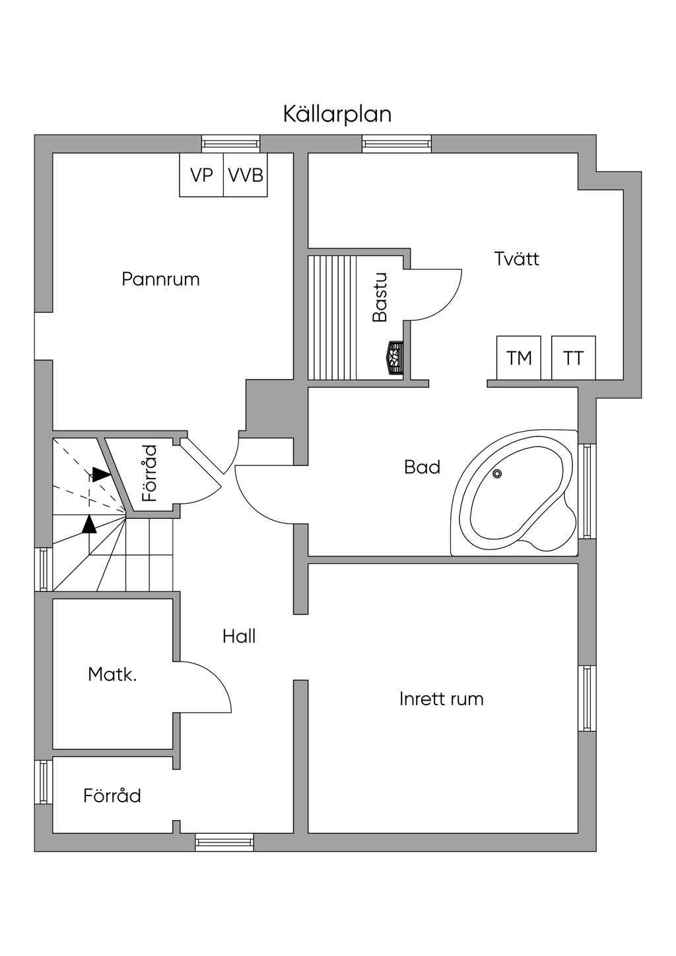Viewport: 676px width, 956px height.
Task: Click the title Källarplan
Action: coord(337,114)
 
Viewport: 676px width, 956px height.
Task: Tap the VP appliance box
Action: coord(201,175)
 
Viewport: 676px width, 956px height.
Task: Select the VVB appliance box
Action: coord(246,175)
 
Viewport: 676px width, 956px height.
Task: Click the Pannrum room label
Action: coord(160,279)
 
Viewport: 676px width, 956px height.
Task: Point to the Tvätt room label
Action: coord(516,259)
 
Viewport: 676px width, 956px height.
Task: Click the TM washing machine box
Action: coord(519,358)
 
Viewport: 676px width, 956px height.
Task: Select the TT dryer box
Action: coord(573,358)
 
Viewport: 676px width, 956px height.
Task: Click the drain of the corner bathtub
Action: coord(497,473)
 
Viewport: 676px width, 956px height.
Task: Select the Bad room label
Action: coord(422,467)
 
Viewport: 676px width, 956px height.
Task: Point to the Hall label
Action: coord(239,636)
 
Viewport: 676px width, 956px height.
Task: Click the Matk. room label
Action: coord(112,675)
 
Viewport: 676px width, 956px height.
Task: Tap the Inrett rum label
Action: coord(441,699)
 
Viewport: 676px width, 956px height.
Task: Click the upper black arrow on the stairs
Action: coord(100,474)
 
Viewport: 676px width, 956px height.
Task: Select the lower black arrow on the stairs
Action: coord(89,524)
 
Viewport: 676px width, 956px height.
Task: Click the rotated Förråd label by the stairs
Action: coord(151,473)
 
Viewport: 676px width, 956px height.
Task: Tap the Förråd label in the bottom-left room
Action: coord(112,796)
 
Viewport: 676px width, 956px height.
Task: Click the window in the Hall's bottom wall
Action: coord(224,842)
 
